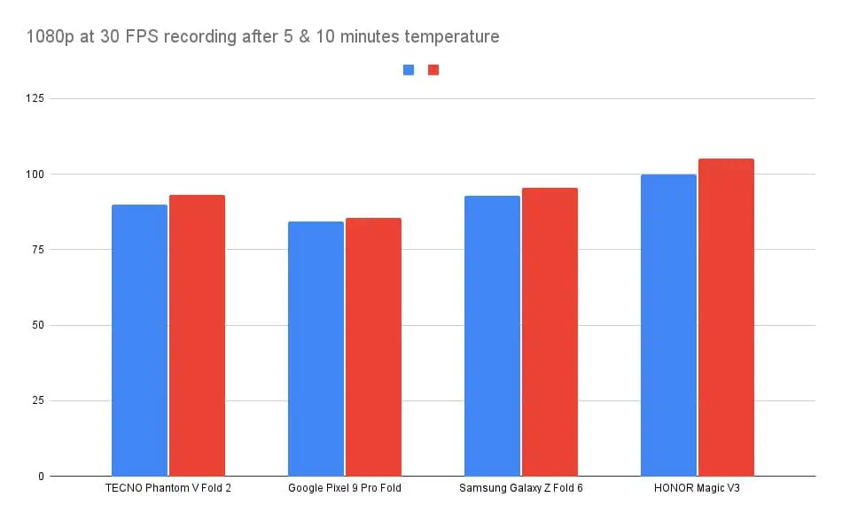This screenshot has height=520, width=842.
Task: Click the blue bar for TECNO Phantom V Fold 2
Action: coord(140,340)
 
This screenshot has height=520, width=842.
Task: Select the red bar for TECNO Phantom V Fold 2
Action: coord(197,336)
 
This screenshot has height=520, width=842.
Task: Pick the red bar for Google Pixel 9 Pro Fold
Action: coord(373,347)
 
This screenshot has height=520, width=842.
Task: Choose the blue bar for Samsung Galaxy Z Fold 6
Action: coord(492,336)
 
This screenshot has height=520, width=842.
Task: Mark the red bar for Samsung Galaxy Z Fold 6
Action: coord(550,332)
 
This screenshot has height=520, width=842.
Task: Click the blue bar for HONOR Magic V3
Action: coord(668,325)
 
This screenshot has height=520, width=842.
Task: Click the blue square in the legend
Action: coord(409,70)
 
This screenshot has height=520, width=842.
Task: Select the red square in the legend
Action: coord(433,70)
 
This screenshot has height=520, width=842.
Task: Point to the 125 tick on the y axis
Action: coord(36,98)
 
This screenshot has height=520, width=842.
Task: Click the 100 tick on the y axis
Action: coord(36,174)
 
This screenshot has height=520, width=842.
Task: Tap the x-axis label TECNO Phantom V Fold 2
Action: coord(168,489)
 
